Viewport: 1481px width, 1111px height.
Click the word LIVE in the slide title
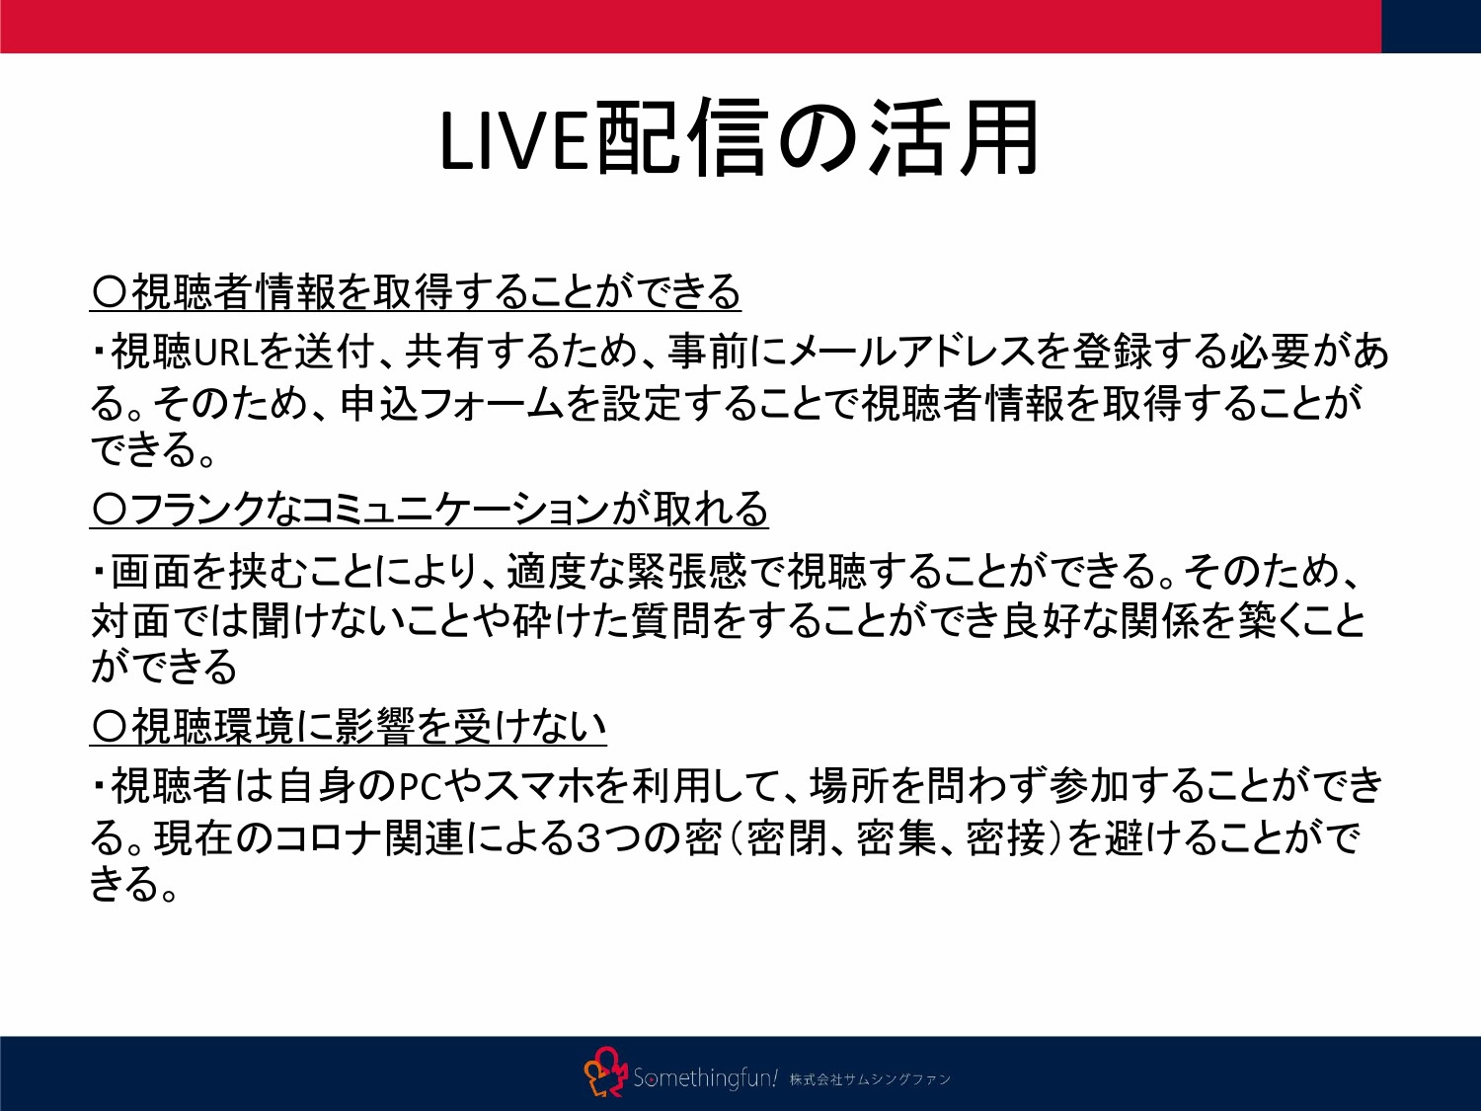pos(515,140)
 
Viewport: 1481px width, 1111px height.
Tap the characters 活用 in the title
pos(954,139)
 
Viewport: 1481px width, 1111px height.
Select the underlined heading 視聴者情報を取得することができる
pos(416,291)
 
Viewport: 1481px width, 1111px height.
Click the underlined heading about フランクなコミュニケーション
pos(429,510)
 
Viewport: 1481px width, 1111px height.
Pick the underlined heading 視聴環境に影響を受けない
pos(349,727)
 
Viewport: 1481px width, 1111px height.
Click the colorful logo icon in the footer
pos(605,1073)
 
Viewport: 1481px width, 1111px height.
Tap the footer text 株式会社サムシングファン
pos(870,1079)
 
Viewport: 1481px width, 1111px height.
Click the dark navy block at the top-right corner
pos(1431,26)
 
